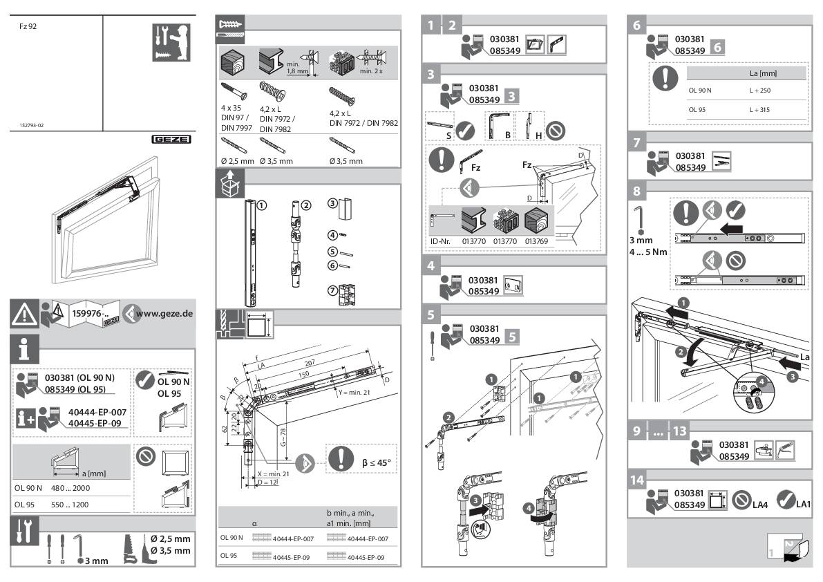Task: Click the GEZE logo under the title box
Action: tap(171, 139)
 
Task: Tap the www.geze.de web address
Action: tap(164, 314)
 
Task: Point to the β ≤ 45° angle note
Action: tap(380, 460)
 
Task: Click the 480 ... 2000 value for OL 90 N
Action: tap(71, 488)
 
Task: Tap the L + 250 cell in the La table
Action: tap(759, 91)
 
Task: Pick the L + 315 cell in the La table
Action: tap(759, 110)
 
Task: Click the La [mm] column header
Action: tap(764, 73)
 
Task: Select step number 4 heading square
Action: tap(431, 265)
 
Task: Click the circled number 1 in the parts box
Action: tap(261, 205)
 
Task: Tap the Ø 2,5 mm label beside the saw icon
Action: tap(171, 539)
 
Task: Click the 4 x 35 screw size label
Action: tap(231, 108)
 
